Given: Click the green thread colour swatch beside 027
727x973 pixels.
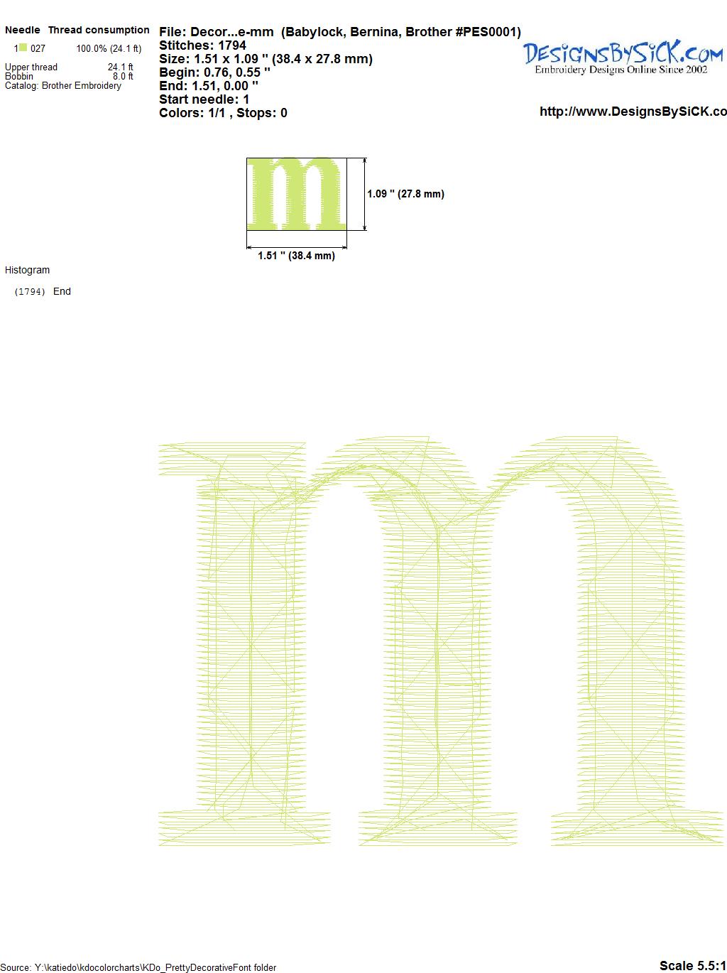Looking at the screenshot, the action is point(23,48).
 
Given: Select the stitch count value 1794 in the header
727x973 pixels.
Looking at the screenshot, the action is point(231,45).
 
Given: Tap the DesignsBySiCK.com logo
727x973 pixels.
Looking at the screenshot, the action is point(623,58).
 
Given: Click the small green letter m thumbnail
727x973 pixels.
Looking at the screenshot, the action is point(296,194).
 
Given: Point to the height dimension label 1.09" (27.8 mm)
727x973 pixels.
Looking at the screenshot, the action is point(405,194).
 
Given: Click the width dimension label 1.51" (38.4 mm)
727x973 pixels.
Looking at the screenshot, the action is point(296,256).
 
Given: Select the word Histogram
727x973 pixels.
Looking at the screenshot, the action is point(27,270).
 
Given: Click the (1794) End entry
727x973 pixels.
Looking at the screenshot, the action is point(43,291).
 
